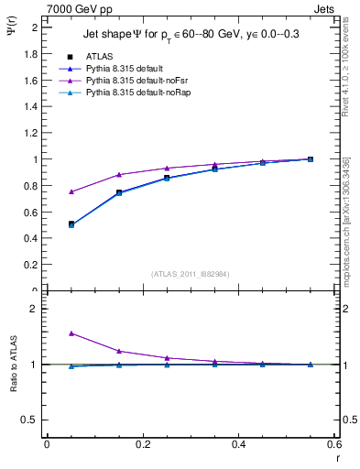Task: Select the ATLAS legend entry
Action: tap(99, 56)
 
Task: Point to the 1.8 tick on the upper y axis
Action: tap(31, 54)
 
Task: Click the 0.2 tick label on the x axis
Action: tap(142, 444)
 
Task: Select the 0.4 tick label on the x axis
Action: tap(238, 444)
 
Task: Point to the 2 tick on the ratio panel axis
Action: tap(34, 309)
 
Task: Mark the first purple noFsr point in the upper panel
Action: tap(47, 191)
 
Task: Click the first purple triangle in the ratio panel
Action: tap(47, 333)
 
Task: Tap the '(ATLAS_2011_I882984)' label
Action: tap(191, 273)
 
